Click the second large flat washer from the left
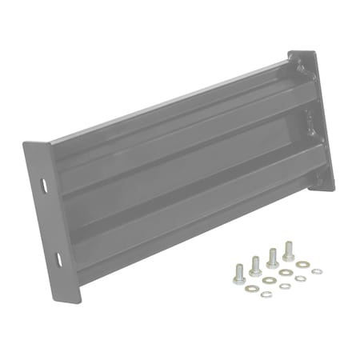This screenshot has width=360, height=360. [x=270, y=280]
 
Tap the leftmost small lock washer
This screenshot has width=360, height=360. [x=266, y=294]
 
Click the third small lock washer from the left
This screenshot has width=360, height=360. [x=300, y=278]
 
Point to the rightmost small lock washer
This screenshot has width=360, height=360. [x=317, y=271]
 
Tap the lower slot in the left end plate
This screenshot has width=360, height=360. [x=58, y=258]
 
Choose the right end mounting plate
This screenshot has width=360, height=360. [x=314, y=120]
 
